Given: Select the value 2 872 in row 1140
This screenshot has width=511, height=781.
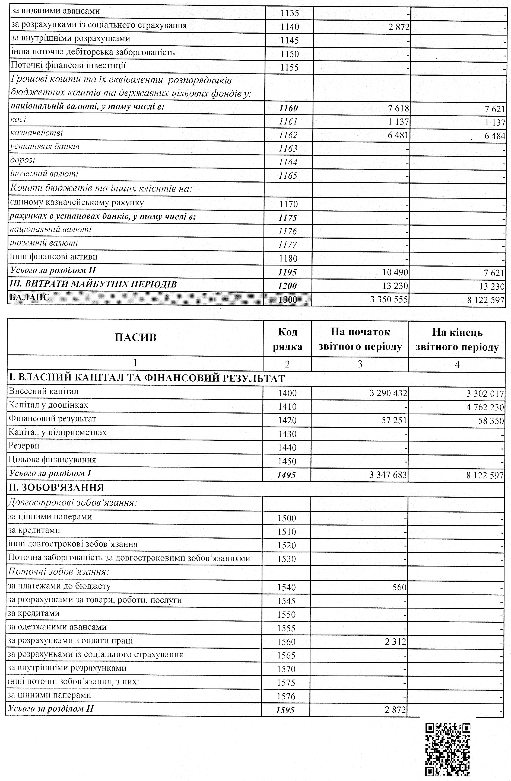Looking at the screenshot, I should tap(399, 27).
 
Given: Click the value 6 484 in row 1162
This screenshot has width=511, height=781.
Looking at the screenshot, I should tap(494, 136).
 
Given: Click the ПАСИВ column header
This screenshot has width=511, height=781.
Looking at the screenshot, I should tap(135, 337).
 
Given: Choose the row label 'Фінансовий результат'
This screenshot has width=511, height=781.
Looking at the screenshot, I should tap(53, 419).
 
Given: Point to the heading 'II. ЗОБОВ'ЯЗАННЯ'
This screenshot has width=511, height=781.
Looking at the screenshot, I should tap(56, 488).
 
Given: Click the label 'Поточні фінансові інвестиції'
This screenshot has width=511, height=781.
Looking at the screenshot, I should tap(68, 65).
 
